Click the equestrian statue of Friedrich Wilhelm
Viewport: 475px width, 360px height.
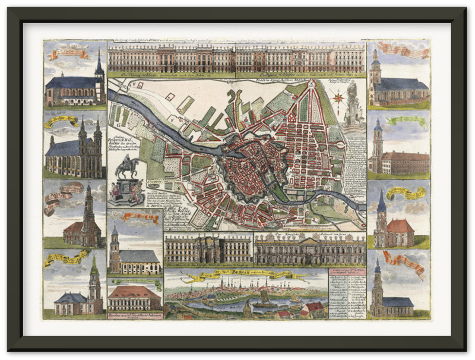click(x=126, y=169)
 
